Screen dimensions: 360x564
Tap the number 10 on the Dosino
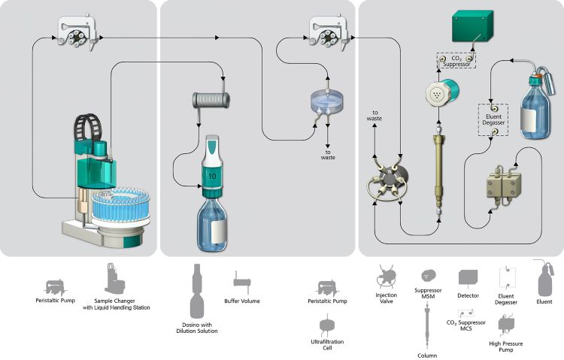pyautogui.click(x=212, y=176)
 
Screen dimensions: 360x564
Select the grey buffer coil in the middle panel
pyautogui.click(x=209, y=99)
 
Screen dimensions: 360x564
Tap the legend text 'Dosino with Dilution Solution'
pyautogui.click(x=199, y=328)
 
